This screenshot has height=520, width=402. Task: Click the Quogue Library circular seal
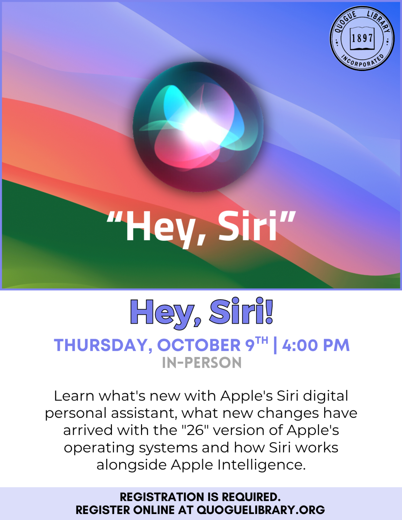click(x=362, y=38)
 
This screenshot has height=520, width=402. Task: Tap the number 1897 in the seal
click(x=362, y=38)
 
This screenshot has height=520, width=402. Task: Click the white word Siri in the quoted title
click(x=248, y=226)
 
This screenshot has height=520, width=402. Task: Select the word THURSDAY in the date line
click(x=100, y=345)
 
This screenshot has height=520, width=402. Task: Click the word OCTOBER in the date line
click(x=199, y=345)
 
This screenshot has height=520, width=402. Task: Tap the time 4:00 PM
click(x=316, y=345)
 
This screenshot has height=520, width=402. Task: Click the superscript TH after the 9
click(x=262, y=341)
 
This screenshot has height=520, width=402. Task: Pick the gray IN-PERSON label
click(x=202, y=363)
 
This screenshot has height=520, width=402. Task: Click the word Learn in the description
click(x=74, y=396)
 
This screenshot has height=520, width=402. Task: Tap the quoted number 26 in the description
click(x=195, y=430)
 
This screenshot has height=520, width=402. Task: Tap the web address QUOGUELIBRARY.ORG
click(x=261, y=510)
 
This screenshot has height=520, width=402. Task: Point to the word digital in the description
click(x=326, y=396)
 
